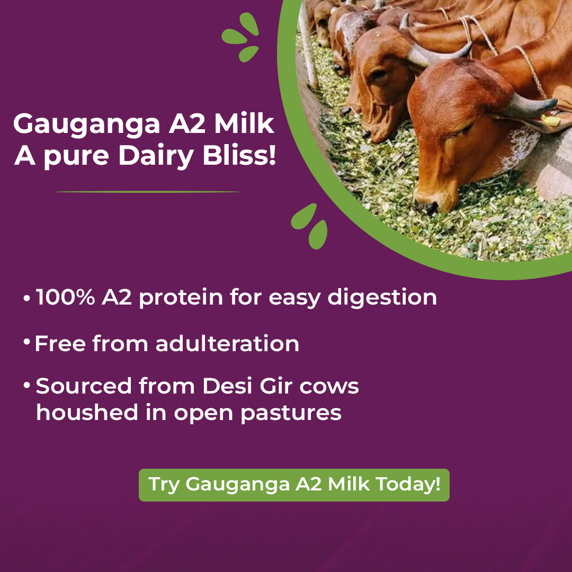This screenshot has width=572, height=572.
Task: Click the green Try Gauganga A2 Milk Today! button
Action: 294,485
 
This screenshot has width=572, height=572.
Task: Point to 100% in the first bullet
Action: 65,297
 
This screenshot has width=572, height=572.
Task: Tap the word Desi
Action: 227,386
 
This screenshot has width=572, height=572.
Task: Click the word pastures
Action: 291,414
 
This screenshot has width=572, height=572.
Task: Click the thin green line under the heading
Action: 147,192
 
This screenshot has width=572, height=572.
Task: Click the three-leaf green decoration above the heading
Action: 241,37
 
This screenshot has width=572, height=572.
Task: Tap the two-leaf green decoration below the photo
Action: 309,227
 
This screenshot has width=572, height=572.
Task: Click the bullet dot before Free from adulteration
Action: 26,342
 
